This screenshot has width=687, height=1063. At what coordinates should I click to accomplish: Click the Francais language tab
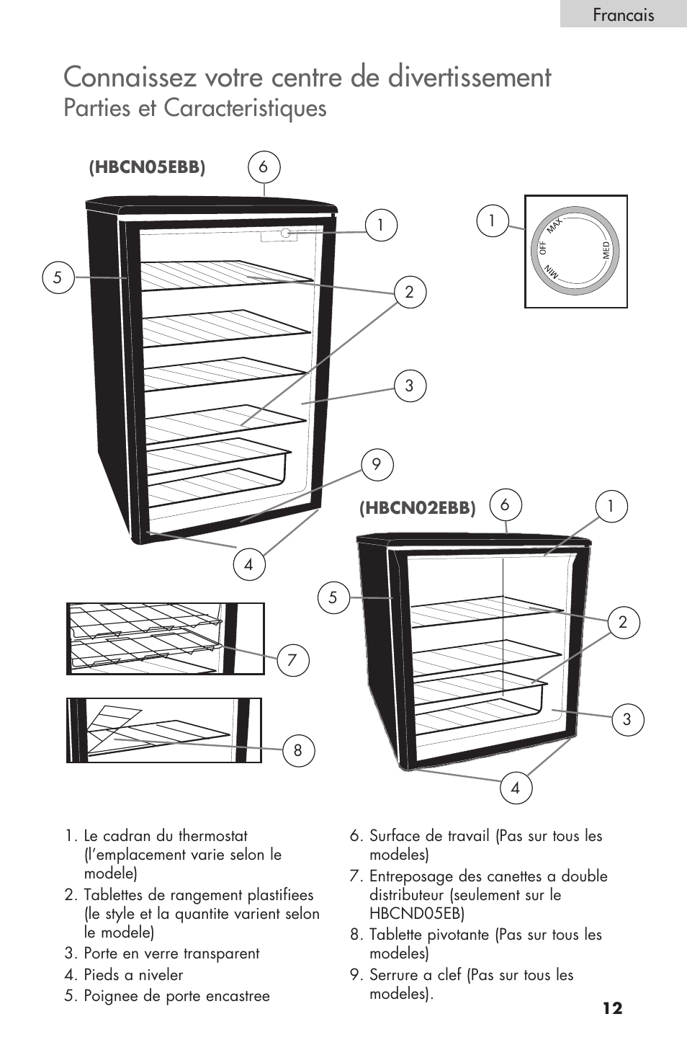tap(623, 14)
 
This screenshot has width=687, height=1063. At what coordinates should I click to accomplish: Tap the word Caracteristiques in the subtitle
tap(245, 108)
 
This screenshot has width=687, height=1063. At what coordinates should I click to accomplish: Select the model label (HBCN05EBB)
tap(147, 167)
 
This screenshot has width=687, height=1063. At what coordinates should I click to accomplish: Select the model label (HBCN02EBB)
tap(418, 507)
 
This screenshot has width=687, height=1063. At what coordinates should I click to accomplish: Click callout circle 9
tap(377, 465)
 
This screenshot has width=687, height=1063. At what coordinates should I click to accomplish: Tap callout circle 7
tap(292, 659)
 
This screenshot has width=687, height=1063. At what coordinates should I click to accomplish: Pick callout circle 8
tap(298, 750)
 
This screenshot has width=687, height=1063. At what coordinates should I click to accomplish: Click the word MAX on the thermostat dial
tap(554, 226)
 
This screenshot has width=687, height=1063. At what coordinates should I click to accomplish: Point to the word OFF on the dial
tap(543, 248)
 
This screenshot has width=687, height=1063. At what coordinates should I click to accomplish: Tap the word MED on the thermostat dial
tap(606, 250)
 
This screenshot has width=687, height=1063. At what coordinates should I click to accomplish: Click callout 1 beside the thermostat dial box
tap(493, 221)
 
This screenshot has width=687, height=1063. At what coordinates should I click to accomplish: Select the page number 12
tap(612, 1008)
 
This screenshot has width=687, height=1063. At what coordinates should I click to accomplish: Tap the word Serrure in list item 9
tap(393, 974)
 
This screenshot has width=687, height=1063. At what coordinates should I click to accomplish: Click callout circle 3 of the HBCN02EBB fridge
tap(627, 719)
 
